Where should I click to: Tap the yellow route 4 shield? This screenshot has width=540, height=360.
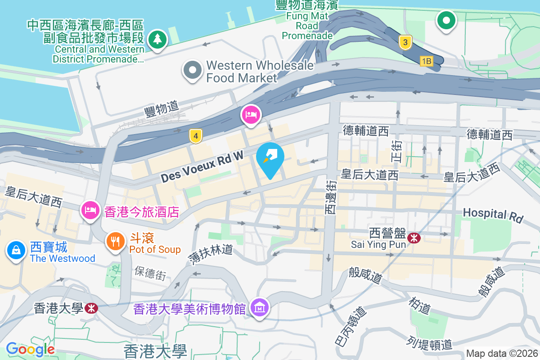point(194,135)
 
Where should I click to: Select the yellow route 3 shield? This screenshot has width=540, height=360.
point(405,43)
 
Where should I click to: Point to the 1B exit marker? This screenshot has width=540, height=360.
point(426,61)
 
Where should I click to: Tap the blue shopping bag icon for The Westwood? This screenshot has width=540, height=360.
point(16,250)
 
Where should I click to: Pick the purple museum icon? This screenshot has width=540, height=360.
point(260,308)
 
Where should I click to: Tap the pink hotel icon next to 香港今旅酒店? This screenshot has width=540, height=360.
point(90,210)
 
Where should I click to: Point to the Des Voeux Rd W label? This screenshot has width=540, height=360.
point(202,166)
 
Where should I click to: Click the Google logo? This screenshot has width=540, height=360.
point(30,349)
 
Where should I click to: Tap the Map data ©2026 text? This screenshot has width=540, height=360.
point(501,354)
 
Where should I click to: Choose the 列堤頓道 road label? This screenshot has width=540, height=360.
point(430,343)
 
